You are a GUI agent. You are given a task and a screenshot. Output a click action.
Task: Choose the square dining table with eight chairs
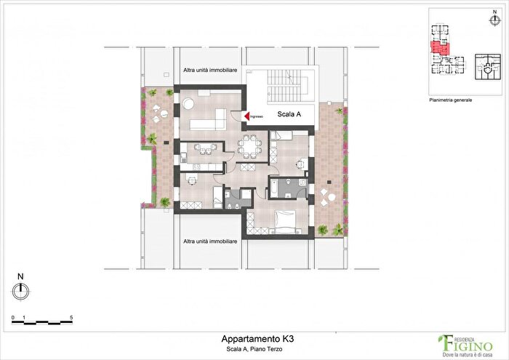tap(250, 148)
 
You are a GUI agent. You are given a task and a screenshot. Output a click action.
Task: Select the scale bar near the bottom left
tap(42, 321)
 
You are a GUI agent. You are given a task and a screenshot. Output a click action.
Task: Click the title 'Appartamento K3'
tap(258, 339)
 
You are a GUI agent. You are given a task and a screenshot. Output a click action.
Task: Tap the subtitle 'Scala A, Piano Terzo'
tap(258, 350)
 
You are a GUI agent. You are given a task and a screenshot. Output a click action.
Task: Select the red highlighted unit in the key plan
tap(440, 49)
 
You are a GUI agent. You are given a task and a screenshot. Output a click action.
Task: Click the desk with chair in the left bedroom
tap(191, 178)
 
